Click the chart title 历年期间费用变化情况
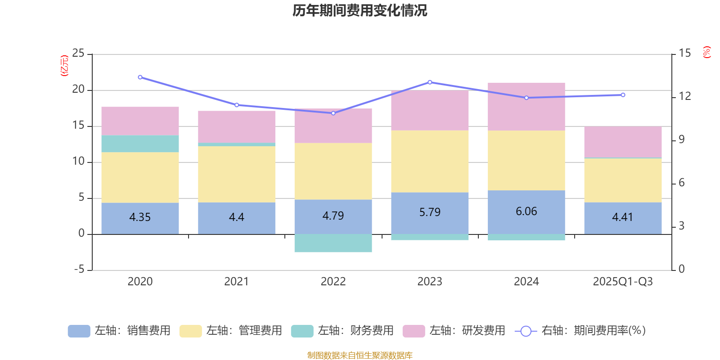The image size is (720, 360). pos(360,10)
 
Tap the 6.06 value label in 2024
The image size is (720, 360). pos(526,211)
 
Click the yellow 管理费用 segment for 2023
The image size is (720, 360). pos(430,161)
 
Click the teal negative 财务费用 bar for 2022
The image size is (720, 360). pos(333,243)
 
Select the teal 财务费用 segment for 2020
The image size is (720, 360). pos(140,144)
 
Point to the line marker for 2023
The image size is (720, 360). pos(430,82)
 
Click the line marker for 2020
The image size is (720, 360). pos(140,77)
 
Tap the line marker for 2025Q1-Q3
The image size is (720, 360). pos(623,95)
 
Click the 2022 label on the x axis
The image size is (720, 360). pos(333,282)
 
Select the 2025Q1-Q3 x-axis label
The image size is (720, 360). pos(623,282)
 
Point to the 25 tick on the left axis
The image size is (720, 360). pos(78,54)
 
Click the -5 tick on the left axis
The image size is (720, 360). pos(78,270)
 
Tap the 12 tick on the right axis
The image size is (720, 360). pos(685,96)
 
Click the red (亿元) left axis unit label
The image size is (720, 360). pos(64,66)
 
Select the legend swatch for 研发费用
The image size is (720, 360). pos(414,331)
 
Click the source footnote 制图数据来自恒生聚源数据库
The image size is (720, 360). pos(360,355)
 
